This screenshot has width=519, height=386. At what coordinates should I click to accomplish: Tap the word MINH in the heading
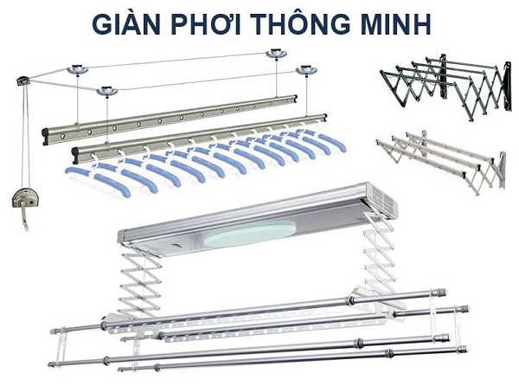(394, 24)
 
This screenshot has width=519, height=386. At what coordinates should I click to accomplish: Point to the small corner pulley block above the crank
(23, 80)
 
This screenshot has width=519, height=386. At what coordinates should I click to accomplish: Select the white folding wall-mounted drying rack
(441, 161)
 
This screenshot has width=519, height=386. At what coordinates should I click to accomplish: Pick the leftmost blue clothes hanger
(96, 178)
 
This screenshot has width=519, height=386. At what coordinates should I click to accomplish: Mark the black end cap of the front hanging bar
(75, 156)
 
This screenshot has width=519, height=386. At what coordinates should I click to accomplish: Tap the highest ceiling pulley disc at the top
(276, 54)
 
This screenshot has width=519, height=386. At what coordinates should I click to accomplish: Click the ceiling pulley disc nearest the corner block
(78, 69)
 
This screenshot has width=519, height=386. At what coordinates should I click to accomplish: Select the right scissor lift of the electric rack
(380, 256)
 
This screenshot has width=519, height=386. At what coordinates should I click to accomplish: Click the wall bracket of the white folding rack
(501, 170)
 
